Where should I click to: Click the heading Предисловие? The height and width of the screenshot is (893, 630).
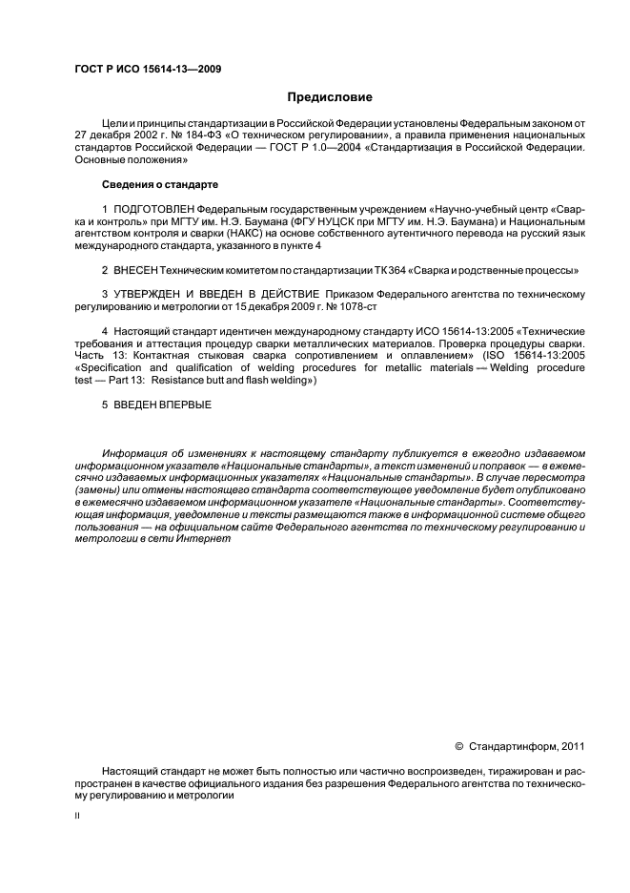(x=330, y=97)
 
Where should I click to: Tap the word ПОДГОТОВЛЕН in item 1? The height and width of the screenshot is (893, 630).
(x=153, y=208)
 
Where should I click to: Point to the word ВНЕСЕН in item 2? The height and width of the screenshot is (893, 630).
(x=134, y=270)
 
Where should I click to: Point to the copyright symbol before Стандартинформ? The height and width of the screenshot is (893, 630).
(x=457, y=746)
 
